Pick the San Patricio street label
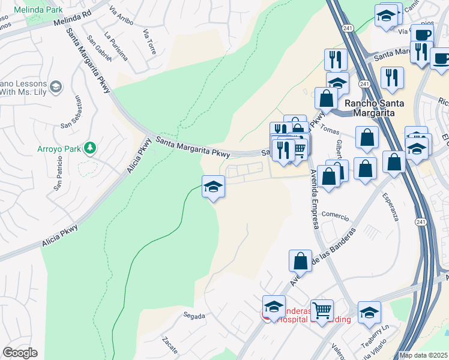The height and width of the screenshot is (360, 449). [x=58, y=173]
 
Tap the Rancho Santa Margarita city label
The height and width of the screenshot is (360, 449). [x=374, y=107]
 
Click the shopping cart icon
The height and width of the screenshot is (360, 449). [x=322, y=310]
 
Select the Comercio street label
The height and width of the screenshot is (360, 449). [x=335, y=214]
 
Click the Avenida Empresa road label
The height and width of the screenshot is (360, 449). [x=313, y=199]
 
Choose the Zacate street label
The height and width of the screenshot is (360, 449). [x=169, y=346]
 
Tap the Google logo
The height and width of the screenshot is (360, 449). [x=20, y=353]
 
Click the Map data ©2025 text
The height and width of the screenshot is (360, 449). [x=423, y=356]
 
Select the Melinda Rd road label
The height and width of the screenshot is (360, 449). [x=72, y=18]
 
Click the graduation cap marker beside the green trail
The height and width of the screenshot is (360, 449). [x=213, y=186]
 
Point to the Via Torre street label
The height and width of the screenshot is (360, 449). [x=149, y=41]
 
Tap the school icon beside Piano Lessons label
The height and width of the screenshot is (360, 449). [x=56, y=88]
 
